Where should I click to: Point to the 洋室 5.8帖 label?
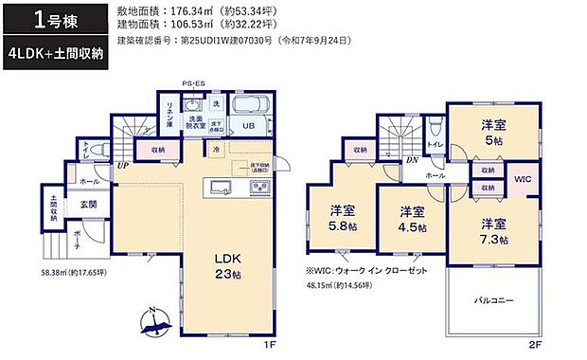344,218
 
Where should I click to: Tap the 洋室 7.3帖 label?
491,231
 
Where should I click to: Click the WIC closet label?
523,178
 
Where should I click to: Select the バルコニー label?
493,300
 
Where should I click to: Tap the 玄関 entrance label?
87,203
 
